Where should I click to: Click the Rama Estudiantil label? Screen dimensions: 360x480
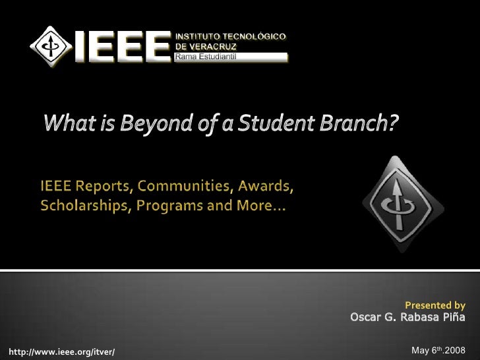[x=204, y=57]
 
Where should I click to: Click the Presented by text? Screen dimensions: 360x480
[x=435, y=305]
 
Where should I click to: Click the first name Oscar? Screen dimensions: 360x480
[x=366, y=318]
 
